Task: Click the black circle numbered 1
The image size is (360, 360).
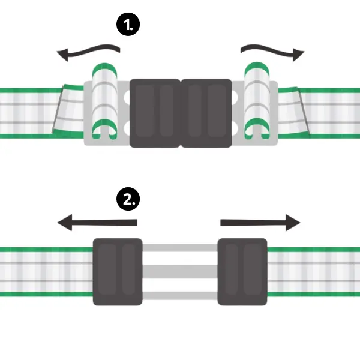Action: click(128, 26)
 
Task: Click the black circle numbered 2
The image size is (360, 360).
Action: click(127, 199)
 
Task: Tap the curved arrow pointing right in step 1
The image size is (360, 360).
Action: click(269, 51)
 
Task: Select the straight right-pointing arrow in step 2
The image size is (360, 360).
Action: click(260, 223)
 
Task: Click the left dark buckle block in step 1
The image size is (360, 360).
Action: click(155, 113)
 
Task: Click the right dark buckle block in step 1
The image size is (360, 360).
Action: click(206, 113)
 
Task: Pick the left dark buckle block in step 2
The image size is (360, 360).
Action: click(118, 271)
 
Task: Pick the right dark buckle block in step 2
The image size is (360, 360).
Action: click(242, 271)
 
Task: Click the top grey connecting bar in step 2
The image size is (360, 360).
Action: click(180, 249)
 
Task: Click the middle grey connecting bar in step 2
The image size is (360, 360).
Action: click(180, 271)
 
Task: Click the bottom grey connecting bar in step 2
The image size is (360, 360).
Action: click(180, 295)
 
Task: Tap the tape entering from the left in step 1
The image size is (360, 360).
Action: click(27, 112)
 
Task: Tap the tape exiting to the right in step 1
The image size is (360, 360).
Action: click(330, 112)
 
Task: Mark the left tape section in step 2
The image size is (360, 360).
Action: click(45, 271)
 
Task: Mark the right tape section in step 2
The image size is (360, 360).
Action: click(312, 271)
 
